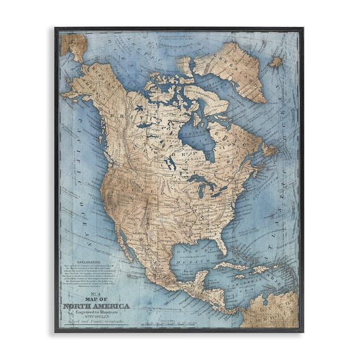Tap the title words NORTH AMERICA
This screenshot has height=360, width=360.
click(x=96, y=306)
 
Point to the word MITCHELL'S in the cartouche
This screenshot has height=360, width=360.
click(x=96, y=318)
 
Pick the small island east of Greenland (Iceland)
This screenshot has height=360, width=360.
click(x=275, y=62)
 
